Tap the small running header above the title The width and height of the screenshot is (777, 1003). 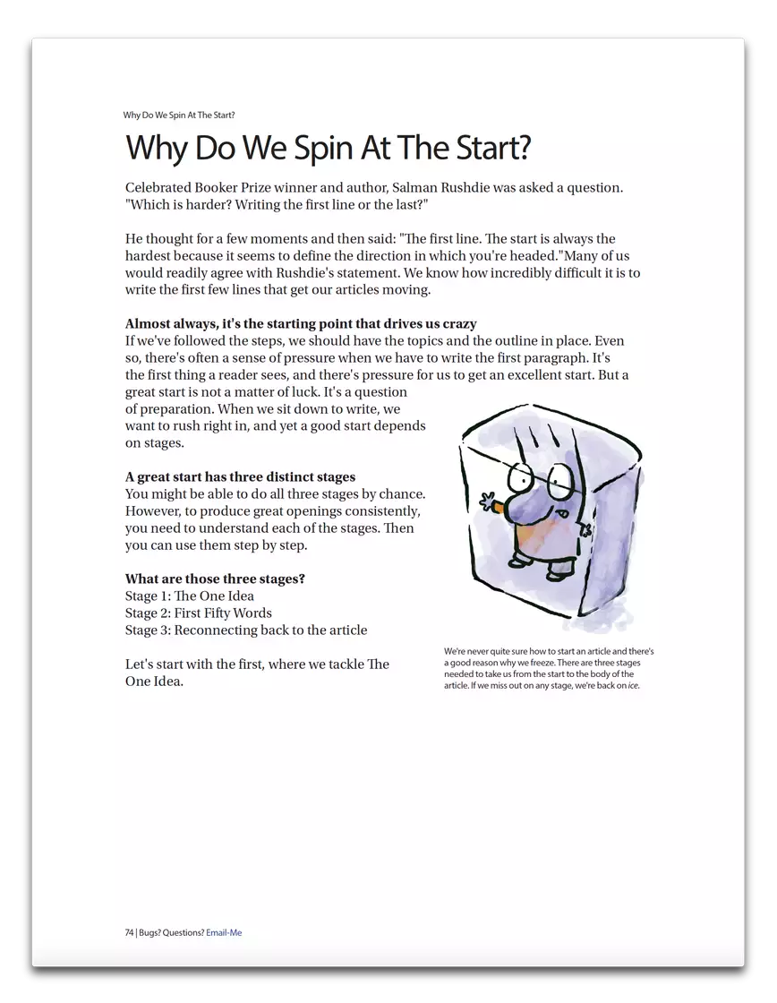pos(179,116)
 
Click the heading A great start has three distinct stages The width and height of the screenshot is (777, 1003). pos(240,477)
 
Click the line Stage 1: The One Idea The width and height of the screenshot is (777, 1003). pos(190,596)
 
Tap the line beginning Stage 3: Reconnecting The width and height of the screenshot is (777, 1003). pos(246,630)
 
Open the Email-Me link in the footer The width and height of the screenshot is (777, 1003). pos(224,932)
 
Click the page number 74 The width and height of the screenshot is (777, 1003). pos(130,932)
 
